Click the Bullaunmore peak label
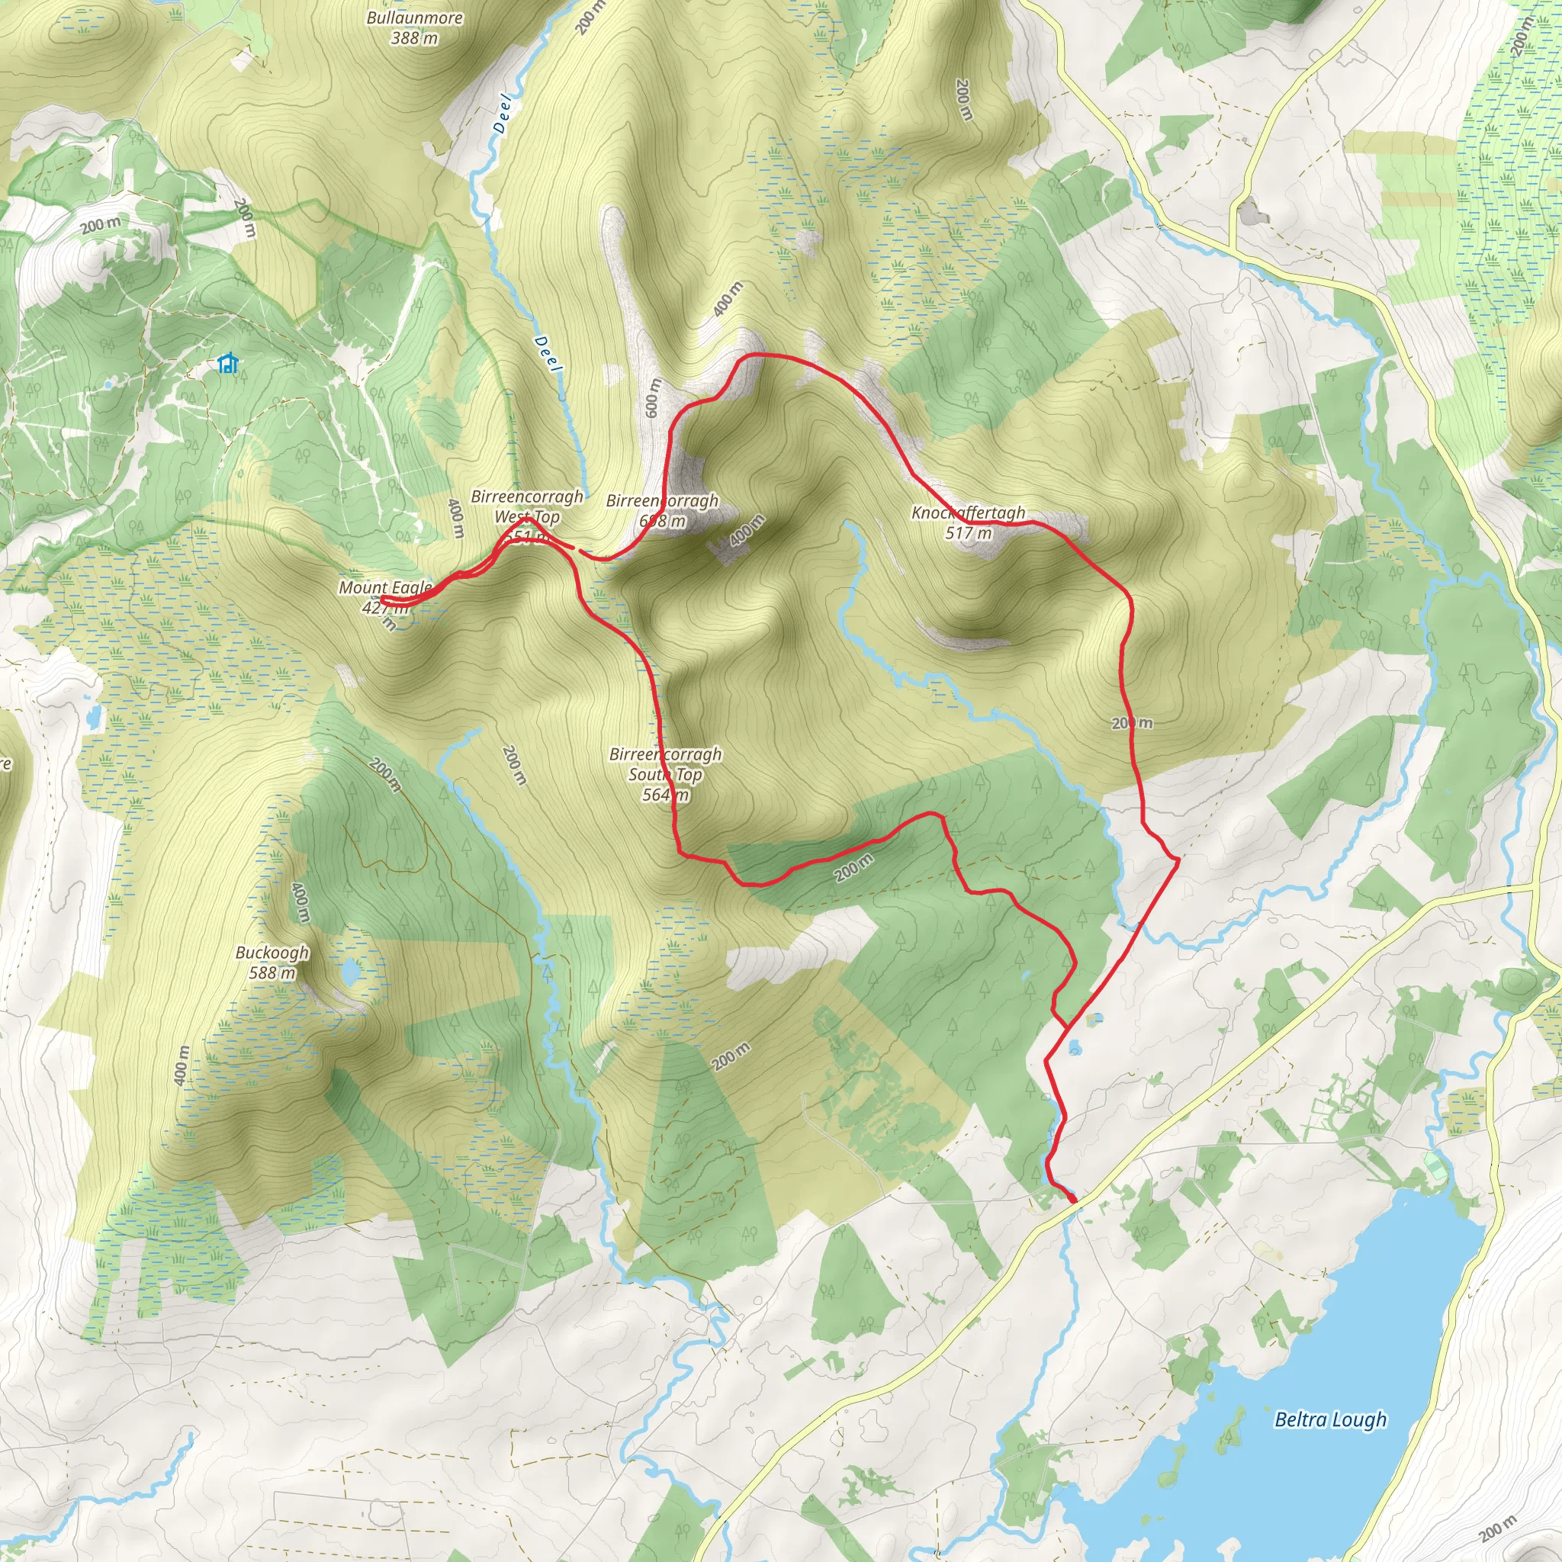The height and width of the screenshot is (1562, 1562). coord(414,18)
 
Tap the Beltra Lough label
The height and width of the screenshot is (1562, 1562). coord(1330,1419)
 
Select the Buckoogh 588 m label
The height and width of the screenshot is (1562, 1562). coord(272,962)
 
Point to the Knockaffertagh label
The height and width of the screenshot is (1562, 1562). coord(968,513)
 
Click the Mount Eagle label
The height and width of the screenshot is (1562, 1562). coord(385,588)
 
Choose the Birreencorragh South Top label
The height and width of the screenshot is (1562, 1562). coord(665,764)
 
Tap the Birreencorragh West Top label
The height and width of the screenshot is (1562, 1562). coord(527,507)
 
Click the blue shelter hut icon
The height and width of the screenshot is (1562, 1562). coord(229,364)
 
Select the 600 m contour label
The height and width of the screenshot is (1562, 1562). coord(652,398)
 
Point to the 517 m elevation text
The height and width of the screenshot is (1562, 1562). coord(968,533)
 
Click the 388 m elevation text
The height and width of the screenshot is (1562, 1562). coord(414,38)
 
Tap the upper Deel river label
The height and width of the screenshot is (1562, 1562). coord(502,113)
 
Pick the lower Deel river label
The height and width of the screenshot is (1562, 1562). coord(548,354)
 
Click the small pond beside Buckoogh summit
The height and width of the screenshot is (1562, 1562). coord(351,971)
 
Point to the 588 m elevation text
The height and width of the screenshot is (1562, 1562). coord(272,972)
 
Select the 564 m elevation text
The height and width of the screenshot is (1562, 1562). coord(665,795)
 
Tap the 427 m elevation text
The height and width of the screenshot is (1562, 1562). coord(385,608)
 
